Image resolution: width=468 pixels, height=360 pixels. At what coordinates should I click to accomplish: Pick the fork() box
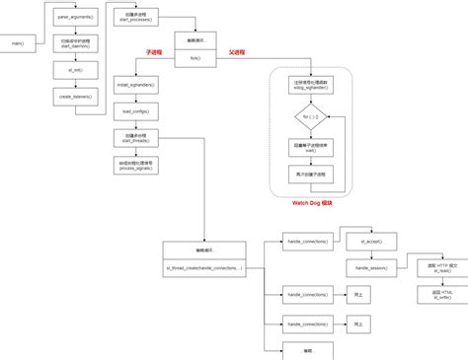pyautogui.click(x=195, y=43)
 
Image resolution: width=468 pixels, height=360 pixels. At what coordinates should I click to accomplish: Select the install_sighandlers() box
pyautogui.click(x=135, y=87)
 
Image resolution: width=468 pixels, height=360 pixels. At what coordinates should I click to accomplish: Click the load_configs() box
pyautogui.click(x=135, y=112)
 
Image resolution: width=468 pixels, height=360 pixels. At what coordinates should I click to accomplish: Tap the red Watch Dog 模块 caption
pyautogui.click(x=310, y=201)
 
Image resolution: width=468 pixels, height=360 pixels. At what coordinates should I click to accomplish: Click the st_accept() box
pyautogui.click(x=369, y=242)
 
